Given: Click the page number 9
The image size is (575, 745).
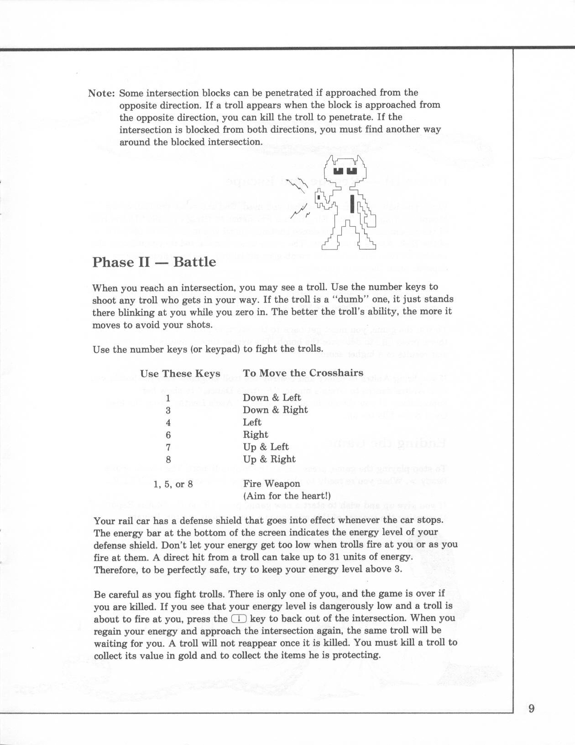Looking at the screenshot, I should (x=531, y=709).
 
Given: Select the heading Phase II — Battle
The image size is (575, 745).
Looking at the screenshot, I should (x=154, y=262).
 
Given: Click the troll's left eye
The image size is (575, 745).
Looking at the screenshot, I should (x=338, y=171).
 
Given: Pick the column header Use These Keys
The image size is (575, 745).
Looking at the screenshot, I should (x=180, y=374).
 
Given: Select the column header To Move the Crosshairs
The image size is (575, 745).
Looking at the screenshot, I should (x=303, y=373).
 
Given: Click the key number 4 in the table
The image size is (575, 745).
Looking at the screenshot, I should (x=168, y=422).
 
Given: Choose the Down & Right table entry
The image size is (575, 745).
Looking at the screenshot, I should (x=275, y=410).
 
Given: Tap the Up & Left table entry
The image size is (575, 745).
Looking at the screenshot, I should (x=266, y=447).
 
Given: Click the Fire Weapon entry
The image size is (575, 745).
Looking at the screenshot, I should (x=272, y=484).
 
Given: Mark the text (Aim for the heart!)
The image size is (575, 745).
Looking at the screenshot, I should (x=287, y=496).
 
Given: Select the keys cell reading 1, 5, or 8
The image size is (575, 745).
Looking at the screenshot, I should (x=173, y=484).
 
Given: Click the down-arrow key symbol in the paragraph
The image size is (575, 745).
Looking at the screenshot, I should (x=239, y=619).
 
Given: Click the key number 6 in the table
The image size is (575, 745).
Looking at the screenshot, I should (x=168, y=435).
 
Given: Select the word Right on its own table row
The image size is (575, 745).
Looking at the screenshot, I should (x=255, y=434).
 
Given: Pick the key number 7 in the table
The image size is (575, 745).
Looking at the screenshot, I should (x=168, y=447).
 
